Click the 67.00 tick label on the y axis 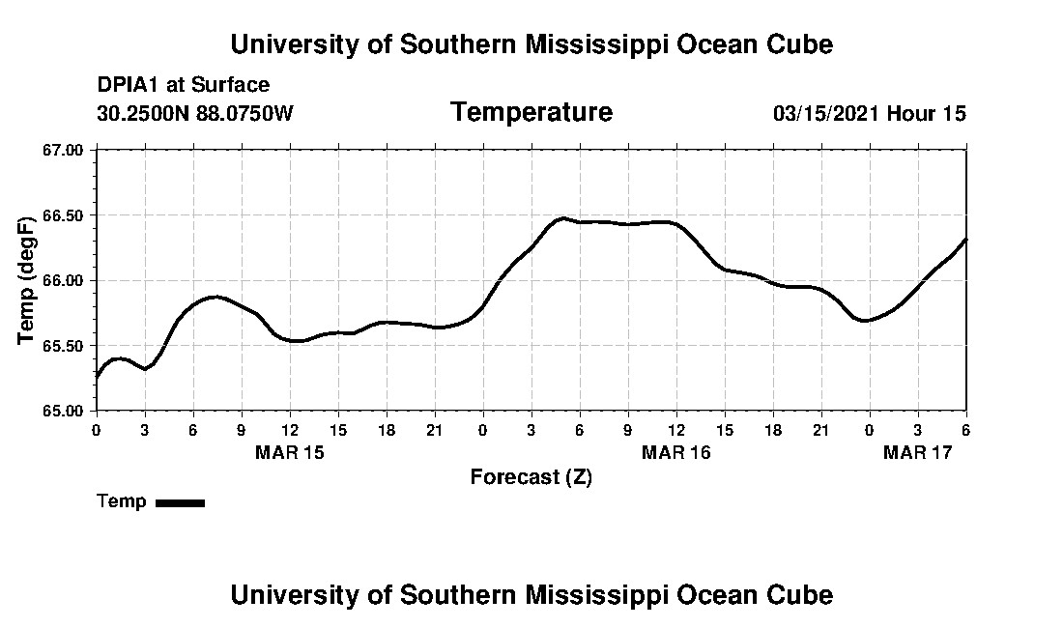[x=63, y=150]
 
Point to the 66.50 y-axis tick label [x=63, y=214]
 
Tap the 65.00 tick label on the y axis [x=63, y=411]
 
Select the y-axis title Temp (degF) [x=27, y=280]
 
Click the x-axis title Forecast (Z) [x=531, y=477]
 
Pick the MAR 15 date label [x=290, y=452]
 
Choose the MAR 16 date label [x=676, y=452]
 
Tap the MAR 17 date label [x=918, y=452]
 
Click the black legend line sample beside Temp [x=180, y=502]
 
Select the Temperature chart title [x=531, y=112]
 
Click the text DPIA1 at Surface [x=184, y=85]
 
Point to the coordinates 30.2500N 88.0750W [x=195, y=113]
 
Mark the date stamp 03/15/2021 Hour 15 [x=869, y=113]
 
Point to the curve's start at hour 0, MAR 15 [x=97, y=378]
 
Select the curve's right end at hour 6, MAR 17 [x=965, y=240]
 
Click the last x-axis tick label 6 [x=965, y=428]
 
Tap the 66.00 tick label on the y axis [x=63, y=280]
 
